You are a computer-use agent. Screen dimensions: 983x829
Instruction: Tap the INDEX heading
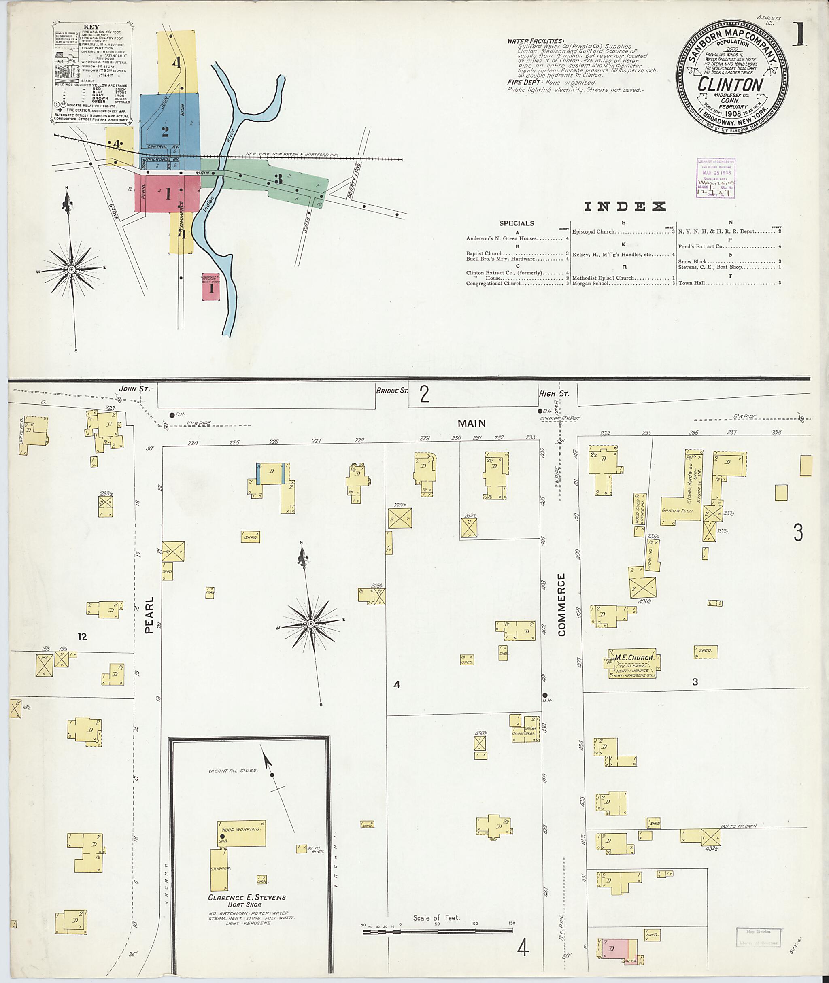click(x=625, y=206)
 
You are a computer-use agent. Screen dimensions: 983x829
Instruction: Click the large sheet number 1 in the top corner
click(x=799, y=34)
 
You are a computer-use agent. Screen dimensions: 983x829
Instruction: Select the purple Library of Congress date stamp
click(x=715, y=177)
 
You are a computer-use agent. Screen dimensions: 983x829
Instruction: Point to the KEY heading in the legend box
click(x=91, y=27)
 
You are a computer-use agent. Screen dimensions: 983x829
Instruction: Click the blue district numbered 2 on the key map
click(x=165, y=131)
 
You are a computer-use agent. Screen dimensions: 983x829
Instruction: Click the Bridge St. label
click(x=391, y=391)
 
